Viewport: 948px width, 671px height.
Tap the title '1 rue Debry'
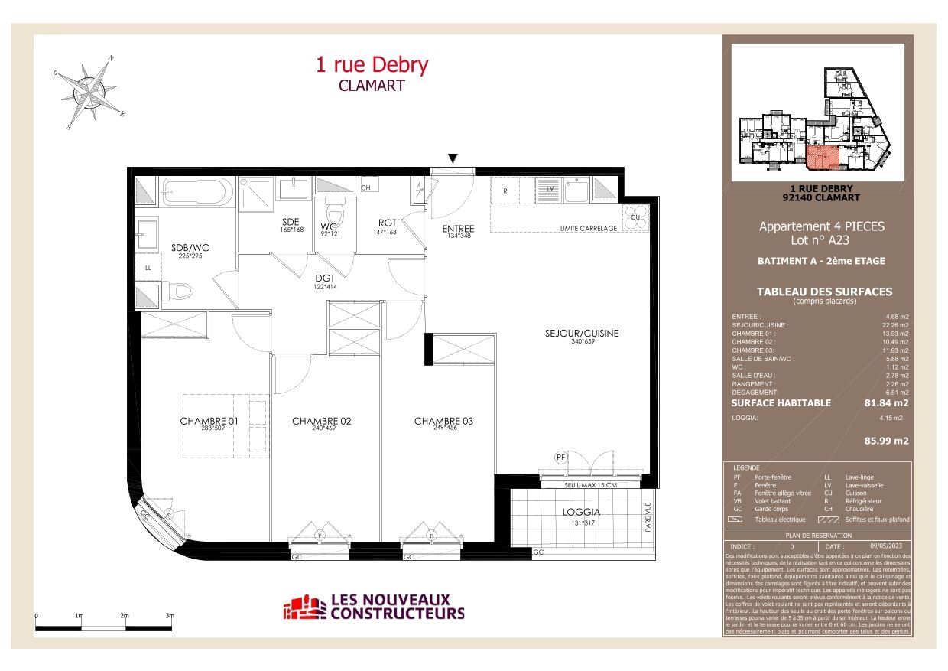tap(372, 65)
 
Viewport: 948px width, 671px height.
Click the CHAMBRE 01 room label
tap(209, 421)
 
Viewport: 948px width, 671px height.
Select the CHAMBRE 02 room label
tap(322, 421)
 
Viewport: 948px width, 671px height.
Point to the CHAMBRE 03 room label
tap(443, 421)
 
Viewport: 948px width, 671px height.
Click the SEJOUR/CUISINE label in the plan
tap(581, 334)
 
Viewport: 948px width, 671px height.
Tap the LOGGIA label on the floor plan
tap(581, 512)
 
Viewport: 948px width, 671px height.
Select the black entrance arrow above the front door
tap(453, 158)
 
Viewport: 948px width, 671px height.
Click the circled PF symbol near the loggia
tap(560, 457)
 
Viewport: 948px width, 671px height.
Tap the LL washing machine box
tap(147, 267)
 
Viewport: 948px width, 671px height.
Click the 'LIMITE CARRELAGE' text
tap(588, 228)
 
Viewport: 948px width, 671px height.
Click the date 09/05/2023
tap(885, 546)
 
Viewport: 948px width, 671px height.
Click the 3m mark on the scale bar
tap(170, 616)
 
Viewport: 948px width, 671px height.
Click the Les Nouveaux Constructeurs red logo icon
tap(304, 607)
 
